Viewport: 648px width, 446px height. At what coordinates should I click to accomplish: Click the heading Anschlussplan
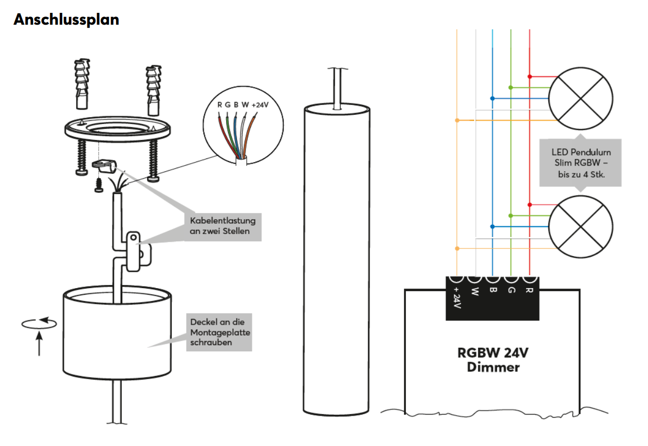pyautogui.click(x=66, y=20)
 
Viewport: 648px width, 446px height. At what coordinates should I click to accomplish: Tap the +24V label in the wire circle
pyautogui.click(x=261, y=104)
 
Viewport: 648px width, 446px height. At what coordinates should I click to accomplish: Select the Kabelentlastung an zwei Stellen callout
pyautogui.click(x=223, y=226)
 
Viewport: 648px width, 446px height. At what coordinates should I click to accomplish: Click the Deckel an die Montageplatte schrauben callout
pyautogui.click(x=219, y=332)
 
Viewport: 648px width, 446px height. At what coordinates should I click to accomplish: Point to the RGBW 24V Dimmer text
pyautogui.click(x=493, y=360)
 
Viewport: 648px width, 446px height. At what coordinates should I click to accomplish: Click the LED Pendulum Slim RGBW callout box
pyautogui.click(x=581, y=162)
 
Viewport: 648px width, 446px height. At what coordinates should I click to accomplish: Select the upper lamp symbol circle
pyautogui.click(x=581, y=98)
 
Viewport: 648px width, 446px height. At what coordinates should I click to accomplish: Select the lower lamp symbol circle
pyautogui.click(x=581, y=226)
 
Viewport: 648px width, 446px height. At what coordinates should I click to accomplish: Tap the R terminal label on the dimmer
pyautogui.click(x=529, y=291)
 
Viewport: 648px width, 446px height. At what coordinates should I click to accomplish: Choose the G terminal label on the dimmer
pyautogui.click(x=511, y=291)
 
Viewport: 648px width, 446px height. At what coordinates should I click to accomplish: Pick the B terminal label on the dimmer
pyautogui.click(x=493, y=291)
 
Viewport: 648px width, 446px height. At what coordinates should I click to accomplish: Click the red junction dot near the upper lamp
pyautogui.click(x=529, y=77)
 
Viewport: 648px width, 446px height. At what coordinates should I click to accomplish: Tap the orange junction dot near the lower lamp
pyautogui.click(x=457, y=248)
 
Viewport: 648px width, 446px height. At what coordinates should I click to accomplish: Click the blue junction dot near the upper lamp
pyautogui.click(x=493, y=98)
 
